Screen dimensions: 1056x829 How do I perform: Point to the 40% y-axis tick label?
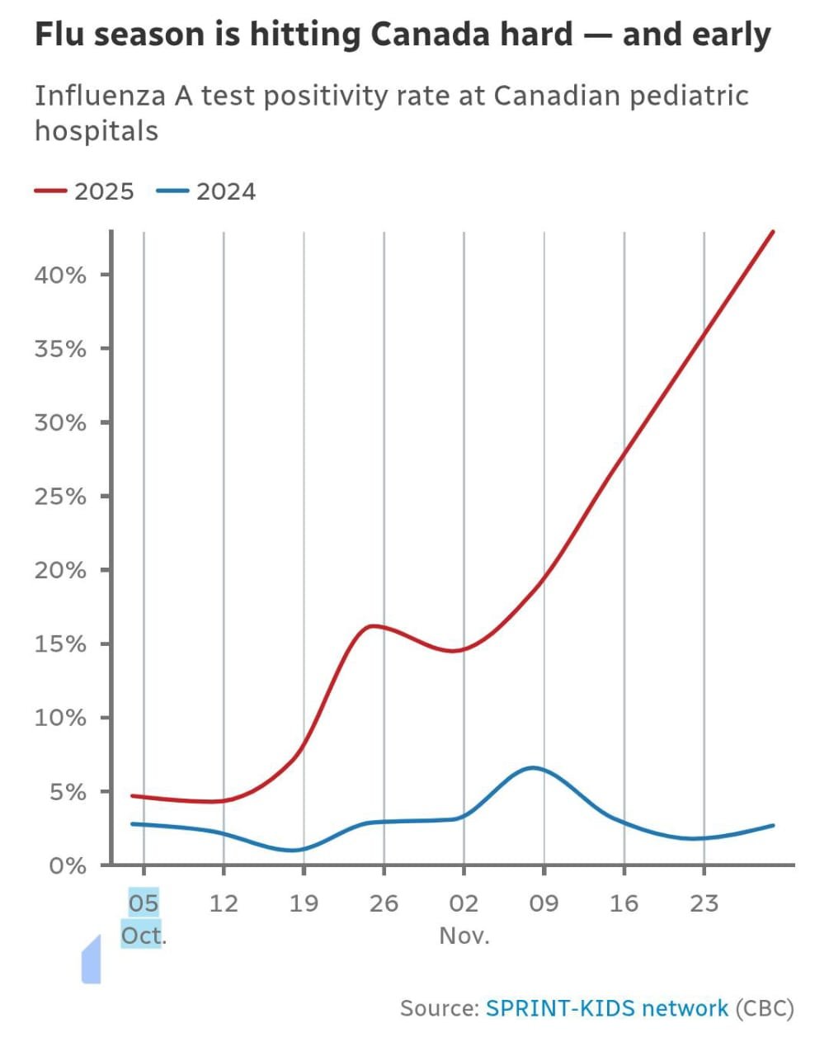coord(59,275)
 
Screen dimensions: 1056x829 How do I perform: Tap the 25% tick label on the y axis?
coord(59,497)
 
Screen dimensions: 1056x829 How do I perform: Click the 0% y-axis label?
coord(66,865)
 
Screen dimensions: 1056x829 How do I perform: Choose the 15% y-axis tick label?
coord(59,643)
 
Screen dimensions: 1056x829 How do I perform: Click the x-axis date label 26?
coord(384,903)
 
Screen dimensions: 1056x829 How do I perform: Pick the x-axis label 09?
coord(544,903)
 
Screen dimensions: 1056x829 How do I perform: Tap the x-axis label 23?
coord(704,903)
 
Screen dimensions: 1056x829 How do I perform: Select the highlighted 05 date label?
coord(144,903)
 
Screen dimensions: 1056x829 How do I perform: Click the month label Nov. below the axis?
coord(464,936)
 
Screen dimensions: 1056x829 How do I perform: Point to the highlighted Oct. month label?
coord(143,936)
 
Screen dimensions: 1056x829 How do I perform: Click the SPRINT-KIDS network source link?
coord(606,1008)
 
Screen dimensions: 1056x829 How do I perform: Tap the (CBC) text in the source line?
coord(764,1008)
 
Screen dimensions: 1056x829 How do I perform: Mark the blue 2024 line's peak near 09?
coord(534,767)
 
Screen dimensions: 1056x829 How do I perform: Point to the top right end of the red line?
coord(773,232)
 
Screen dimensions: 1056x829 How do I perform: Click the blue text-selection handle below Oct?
coord(91,961)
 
